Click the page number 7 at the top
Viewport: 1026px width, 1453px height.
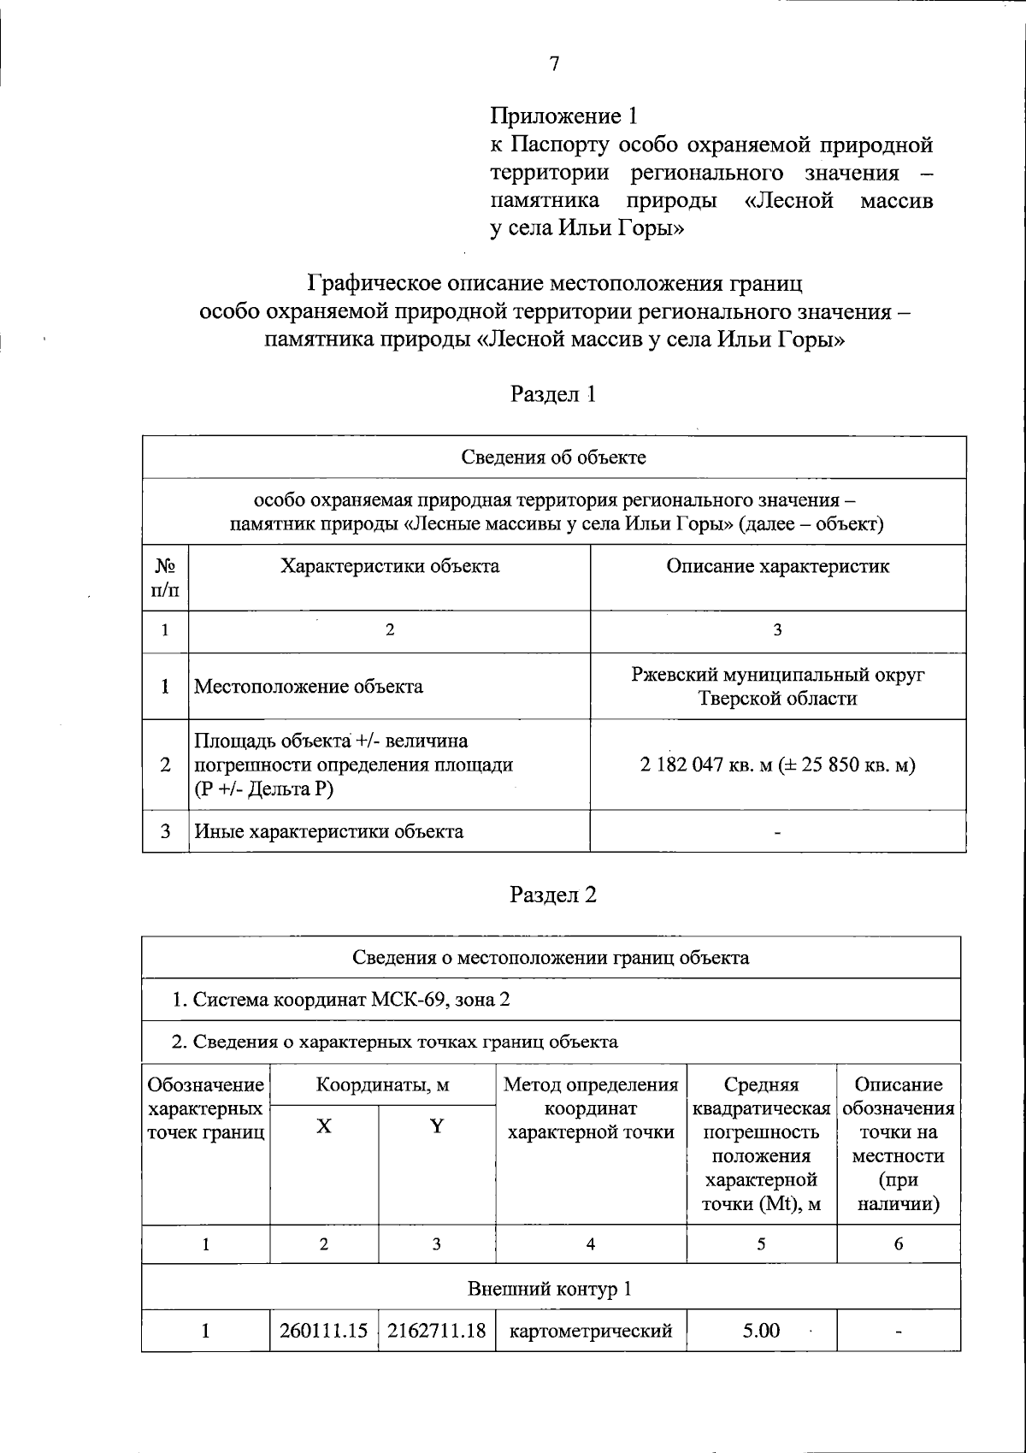point(554,64)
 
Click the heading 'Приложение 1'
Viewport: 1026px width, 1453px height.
point(564,115)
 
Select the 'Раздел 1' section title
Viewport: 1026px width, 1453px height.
point(553,394)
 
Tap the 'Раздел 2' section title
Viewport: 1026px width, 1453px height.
point(553,895)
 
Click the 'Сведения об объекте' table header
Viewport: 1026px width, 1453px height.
point(553,457)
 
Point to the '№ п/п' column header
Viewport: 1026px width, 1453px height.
point(165,578)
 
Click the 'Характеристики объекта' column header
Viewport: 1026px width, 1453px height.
point(390,566)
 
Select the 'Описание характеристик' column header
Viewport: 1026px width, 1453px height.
point(777,566)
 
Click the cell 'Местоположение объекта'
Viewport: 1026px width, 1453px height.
point(309,687)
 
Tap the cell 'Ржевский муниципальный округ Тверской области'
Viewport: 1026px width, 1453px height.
point(777,687)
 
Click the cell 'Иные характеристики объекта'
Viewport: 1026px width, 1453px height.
point(329,831)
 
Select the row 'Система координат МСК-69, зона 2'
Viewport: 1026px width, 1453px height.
point(342,999)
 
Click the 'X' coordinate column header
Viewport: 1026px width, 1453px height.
point(324,1126)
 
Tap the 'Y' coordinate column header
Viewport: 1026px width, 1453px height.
point(437,1126)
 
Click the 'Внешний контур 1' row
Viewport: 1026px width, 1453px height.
point(550,1289)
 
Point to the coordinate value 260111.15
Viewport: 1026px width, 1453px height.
point(324,1331)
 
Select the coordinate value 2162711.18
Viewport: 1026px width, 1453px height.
point(437,1331)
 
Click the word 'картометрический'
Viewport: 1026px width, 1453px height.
point(591,1331)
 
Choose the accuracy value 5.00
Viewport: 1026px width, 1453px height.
point(761,1331)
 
